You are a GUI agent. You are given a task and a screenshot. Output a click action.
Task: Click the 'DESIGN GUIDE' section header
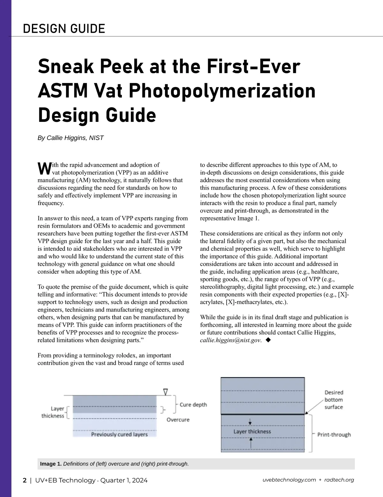(x=64, y=29)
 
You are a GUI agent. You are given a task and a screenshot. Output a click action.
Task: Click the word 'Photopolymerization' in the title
(x=222, y=91)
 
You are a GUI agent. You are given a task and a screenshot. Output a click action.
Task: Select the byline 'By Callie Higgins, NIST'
(x=71, y=138)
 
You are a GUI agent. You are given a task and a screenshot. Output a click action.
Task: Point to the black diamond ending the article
(x=268, y=340)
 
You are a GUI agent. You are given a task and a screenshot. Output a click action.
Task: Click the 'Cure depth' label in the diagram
(x=193, y=404)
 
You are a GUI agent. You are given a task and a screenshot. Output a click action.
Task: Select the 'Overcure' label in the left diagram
(x=178, y=419)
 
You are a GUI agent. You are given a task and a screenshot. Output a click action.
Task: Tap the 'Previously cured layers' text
(x=119, y=434)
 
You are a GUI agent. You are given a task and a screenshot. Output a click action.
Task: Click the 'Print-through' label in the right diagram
(x=334, y=434)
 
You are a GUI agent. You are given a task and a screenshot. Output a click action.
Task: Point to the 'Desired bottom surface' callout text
(x=334, y=400)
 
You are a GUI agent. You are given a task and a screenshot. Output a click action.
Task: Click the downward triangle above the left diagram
(x=165, y=392)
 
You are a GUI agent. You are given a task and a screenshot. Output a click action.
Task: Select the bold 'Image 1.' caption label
(x=51, y=464)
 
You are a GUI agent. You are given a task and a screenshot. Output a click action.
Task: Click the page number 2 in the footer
(x=25, y=480)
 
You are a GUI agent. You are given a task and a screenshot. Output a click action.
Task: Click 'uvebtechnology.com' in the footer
(x=289, y=480)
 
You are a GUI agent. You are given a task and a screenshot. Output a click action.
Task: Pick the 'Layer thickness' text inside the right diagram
(x=252, y=432)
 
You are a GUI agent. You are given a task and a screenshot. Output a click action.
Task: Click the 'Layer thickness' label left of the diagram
(x=53, y=412)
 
